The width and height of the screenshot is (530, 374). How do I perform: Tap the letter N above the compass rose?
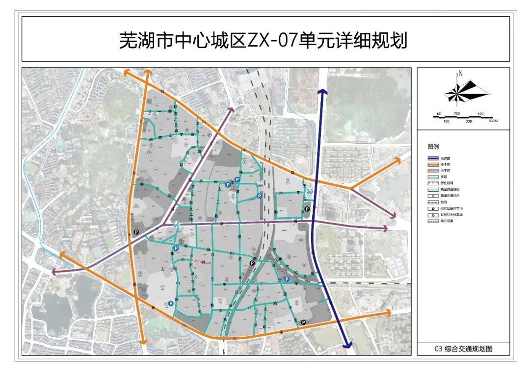coord(460,74)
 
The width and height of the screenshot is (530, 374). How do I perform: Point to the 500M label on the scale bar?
coord(492,121)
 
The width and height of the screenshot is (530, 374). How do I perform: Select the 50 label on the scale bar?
coord(439,114)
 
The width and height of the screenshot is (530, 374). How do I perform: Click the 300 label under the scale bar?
coord(469,121)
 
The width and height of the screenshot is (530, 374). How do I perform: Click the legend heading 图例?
coord(433,147)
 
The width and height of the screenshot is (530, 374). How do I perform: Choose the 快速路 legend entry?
coord(445,159)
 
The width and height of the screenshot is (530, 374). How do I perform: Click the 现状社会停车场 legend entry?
coord(451,208)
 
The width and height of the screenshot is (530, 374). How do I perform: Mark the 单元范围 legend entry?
coord(446,221)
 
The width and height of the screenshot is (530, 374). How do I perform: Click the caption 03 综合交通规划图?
coord(463,349)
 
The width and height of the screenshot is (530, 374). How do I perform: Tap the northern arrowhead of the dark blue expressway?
coord(322,92)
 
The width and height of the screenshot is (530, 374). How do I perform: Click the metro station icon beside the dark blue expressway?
coord(309,192)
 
